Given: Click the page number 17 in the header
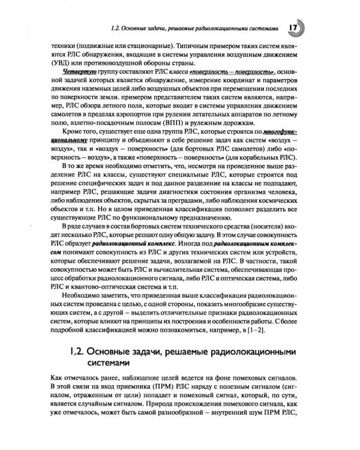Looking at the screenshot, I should point(294,28).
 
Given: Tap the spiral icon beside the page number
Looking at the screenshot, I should point(302,28).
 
